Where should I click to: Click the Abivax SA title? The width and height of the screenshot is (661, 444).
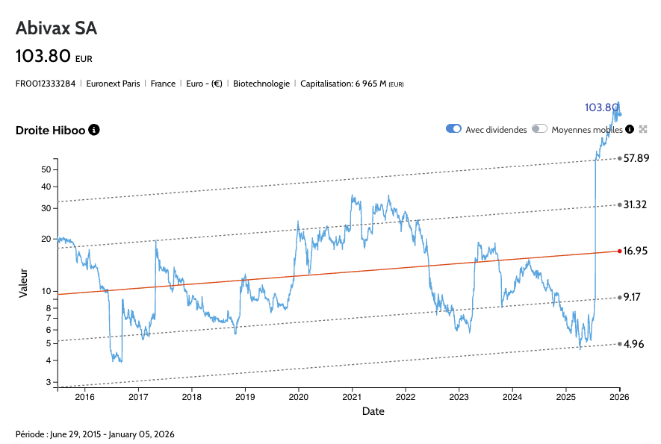pyautogui.click(x=57, y=28)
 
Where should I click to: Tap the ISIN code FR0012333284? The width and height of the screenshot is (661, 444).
pyautogui.click(x=46, y=84)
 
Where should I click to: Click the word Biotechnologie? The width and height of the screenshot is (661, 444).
pyautogui.click(x=261, y=84)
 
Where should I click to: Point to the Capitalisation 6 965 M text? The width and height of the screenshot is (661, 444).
pyautogui.click(x=352, y=84)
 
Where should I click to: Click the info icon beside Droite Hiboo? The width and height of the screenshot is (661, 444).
pyautogui.click(x=94, y=130)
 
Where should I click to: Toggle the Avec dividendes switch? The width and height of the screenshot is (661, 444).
pyautogui.click(x=453, y=129)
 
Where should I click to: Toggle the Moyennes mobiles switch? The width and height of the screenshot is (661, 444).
pyautogui.click(x=540, y=129)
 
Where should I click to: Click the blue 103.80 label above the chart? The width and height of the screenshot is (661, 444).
pyautogui.click(x=601, y=107)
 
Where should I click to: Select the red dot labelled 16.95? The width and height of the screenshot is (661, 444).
pyautogui.click(x=619, y=251)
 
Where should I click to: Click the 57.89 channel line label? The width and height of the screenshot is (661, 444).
pyautogui.click(x=636, y=158)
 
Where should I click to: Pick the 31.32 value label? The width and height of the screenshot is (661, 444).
pyautogui.click(x=636, y=204)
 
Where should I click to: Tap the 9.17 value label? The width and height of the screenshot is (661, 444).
pyautogui.click(x=632, y=297)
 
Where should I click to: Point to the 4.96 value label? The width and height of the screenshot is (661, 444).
pyautogui.click(x=633, y=344)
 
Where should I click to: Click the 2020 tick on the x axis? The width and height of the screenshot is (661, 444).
pyautogui.click(x=299, y=396)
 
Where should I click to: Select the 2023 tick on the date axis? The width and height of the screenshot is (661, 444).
pyautogui.click(x=459, y=396)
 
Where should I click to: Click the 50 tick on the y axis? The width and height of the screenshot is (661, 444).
pyautogui.click(x=46, y=169)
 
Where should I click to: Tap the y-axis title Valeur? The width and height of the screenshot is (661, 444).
pyautogui.click(x=23, y=283)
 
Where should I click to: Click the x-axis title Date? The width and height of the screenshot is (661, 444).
pyautogui.click(x=373, y=411)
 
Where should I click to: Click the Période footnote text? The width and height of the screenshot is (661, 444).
pyautogui.click(x=95, y=434)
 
